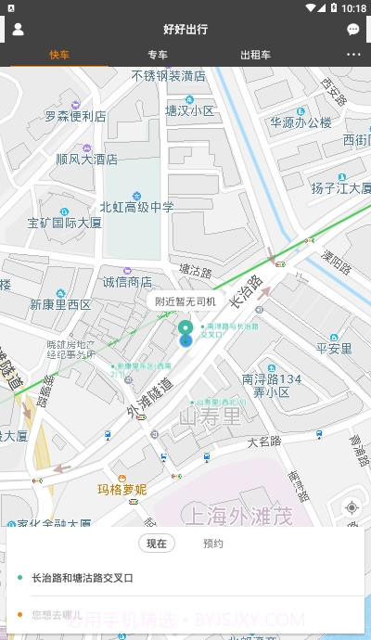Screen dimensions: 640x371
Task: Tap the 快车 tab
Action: [60, 55]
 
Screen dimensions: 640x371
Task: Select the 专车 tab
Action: [158, 55]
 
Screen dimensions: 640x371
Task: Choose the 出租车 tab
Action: [255, 55]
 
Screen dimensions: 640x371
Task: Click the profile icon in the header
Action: [18, 29]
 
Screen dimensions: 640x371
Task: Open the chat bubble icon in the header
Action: [353, 29]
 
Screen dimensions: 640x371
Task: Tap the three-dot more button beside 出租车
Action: [353, 55]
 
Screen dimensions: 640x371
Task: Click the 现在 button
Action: [157, 544]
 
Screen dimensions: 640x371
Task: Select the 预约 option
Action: [213, 544]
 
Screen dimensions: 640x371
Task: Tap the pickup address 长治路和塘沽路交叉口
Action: [83, 578]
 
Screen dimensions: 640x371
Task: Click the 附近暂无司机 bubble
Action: [185, 301]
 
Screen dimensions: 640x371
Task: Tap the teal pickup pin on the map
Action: [185, 331]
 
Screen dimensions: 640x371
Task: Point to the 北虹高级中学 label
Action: [136, 207]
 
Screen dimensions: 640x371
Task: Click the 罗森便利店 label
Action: [75, 117]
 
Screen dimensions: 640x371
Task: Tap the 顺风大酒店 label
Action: [86, 159]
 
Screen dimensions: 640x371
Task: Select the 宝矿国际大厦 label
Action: [64, 223]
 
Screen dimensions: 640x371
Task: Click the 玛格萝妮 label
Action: [122, 489]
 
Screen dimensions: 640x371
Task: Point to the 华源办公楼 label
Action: [301, 122]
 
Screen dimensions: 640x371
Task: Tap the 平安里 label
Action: [334, 349]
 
